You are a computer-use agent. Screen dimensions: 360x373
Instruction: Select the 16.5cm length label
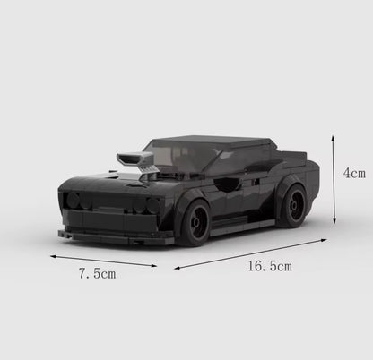(266, 267)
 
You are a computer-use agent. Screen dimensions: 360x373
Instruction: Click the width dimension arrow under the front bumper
(103, 260)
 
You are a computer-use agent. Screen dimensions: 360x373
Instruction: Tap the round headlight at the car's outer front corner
(73, 200)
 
